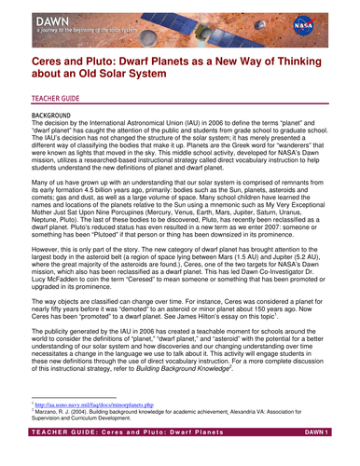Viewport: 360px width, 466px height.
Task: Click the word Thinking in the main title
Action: [301, 60]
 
